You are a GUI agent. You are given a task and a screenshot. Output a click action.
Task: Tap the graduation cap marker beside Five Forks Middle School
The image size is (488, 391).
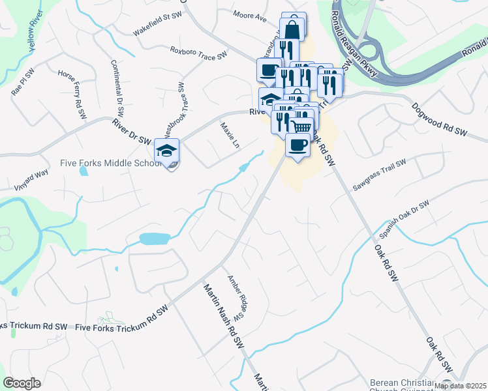[x=166, y=152]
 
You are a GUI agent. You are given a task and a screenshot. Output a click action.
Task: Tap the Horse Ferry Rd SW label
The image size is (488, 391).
[x=72, y=94]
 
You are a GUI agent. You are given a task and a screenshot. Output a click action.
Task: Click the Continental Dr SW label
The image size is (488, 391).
[x=117, y=87]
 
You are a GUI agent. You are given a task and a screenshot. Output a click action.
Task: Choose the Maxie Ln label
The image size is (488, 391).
[x=230, y=135]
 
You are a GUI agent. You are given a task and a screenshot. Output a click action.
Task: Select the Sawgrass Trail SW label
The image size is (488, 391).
[x=379, y=175]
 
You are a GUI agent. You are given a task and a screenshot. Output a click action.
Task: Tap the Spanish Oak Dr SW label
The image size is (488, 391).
[x=404, y=220]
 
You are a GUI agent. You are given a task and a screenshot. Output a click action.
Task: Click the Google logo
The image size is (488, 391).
[x=22, y=383]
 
